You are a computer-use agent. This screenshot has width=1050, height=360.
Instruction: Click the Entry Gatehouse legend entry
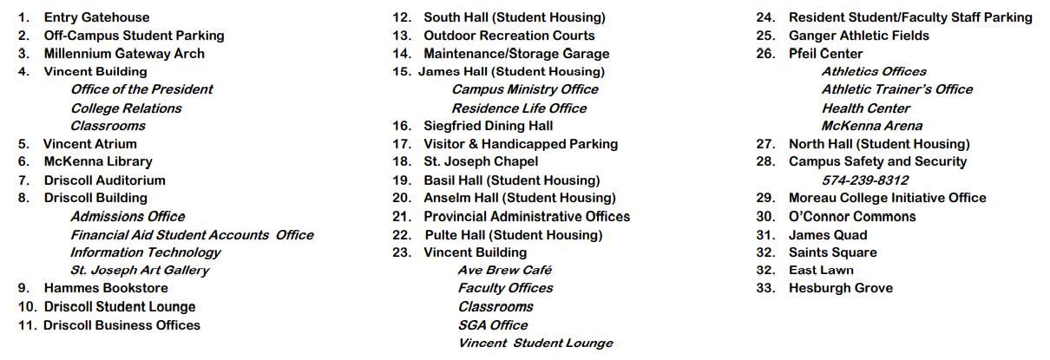(96, 17)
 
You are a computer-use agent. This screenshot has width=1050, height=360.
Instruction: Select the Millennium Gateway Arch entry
(124, 54)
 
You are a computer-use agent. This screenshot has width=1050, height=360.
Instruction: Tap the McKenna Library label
(98, 161)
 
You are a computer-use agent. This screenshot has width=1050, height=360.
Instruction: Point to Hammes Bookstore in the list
(106, 288)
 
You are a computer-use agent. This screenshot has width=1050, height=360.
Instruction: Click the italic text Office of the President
(141, 89)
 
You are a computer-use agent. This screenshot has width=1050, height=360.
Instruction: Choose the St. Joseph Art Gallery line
(140, 270)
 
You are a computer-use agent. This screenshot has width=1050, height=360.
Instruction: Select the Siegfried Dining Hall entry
(488, 126)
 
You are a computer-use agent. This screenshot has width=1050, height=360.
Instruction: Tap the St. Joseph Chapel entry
(481, 161)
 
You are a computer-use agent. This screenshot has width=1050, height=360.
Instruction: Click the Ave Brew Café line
(505, 270)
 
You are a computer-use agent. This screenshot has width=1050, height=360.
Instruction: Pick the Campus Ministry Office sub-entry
(525, 89)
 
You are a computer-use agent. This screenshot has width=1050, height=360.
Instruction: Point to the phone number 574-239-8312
(865, 180)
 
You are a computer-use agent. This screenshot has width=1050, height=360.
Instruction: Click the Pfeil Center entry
(825, 54)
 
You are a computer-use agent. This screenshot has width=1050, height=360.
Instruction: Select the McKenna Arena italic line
(872, 126)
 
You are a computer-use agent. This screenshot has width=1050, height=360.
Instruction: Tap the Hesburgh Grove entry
(840, 288)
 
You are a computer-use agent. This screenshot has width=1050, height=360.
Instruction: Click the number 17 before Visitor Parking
(401, 144)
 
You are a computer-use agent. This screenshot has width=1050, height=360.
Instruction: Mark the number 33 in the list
(765, 288)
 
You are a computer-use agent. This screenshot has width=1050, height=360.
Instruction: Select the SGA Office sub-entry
(493, 324)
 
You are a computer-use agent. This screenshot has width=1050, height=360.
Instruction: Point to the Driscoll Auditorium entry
(104, 180)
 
